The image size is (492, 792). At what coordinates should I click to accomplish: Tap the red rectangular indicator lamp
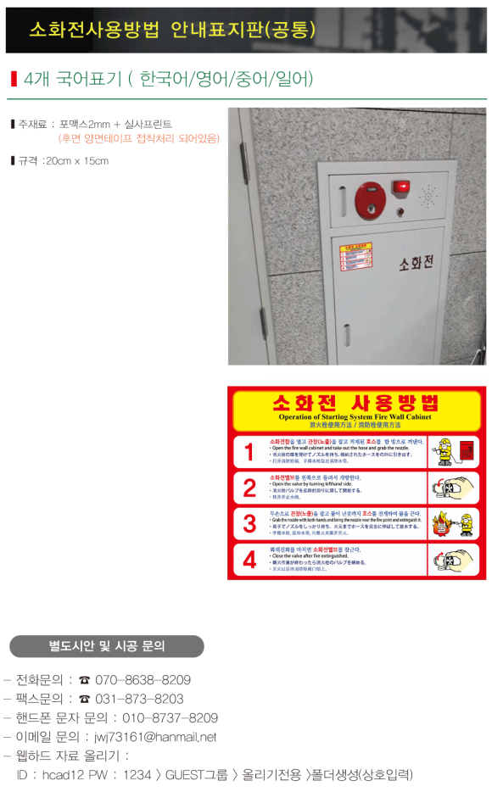pyautogui.click(x=400, y=187)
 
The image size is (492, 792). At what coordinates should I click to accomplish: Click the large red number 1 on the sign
pyautogui.click(x=249, y=453)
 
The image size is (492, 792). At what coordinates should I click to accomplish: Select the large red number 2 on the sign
pyautogui.click(x=249, y=488)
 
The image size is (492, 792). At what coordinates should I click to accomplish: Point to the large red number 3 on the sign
pyautogui.click(x=249, y=523)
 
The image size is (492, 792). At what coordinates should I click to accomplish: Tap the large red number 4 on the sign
pyautogui.click(x=249, y=560)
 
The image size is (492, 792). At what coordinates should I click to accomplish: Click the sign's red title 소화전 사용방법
pyautogui.click(x=355, y=402)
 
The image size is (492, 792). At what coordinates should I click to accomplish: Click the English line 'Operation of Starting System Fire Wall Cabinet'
pyautogui.click(x=355, y=417)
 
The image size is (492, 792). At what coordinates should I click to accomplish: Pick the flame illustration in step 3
pyautogui.click(x=439, y=525)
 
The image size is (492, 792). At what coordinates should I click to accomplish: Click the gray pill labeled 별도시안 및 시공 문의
pyautogui.click(x=107, y=645)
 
